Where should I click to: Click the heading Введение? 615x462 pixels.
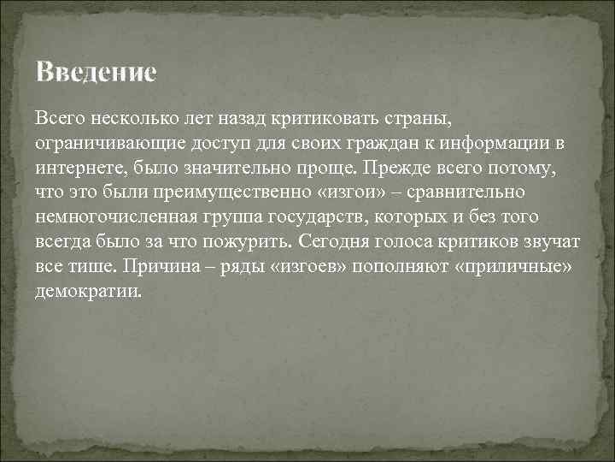point(97,72)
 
